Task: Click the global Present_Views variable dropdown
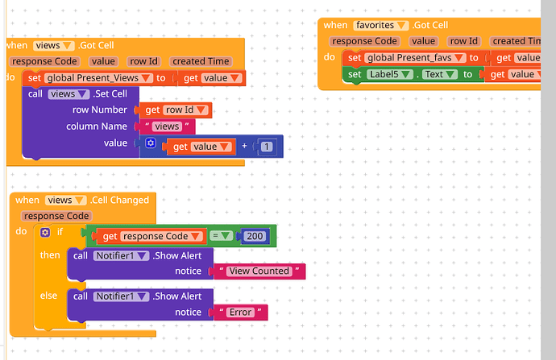point(99,78)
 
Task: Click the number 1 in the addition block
point(265,146)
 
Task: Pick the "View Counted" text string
point(259,271)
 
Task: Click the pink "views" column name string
point(167,126)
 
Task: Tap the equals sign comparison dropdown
point(221,236)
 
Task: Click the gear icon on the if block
point(44,233)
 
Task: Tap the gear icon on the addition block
point(151,143)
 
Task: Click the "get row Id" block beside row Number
point(176,110)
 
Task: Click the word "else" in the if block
point(49,296)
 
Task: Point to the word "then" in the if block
point(50,255)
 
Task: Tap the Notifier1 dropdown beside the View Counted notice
point(121,255)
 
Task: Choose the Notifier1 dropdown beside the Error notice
point(121,296)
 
